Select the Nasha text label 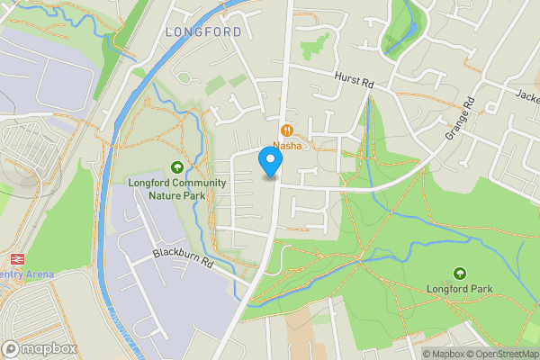(x=289, y=145)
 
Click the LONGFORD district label (x=203, y=31)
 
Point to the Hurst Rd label (x=353, y=81)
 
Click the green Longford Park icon (x=460, y=274)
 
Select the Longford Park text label (x=460, y=289)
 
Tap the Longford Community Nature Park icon (x=177, y=166)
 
